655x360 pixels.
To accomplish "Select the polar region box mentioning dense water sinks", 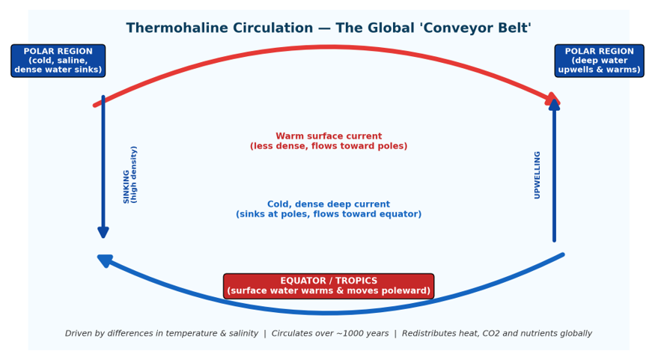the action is tap(58, 61).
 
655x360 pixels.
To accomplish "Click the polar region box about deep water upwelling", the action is tap(599, 61).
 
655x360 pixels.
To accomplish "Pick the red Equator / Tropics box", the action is tap(329, 286).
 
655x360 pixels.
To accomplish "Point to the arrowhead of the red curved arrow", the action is tap(552, 99).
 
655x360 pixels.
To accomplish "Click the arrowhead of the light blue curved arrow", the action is tap(105, 260).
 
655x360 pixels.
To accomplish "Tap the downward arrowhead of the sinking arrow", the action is tap(103, 233).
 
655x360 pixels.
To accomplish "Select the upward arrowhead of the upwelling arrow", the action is tap(554, 105).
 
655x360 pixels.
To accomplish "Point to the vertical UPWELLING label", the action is tap(537, 175).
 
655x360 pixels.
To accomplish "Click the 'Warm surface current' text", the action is tap(329, 136).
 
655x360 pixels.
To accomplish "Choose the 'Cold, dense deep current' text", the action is tap(329, 204).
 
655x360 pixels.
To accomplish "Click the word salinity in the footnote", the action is tap(243, 333).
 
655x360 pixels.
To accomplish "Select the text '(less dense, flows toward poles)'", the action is tap(329, 146).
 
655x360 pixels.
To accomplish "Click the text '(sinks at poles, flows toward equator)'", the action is tap(329, 214).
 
